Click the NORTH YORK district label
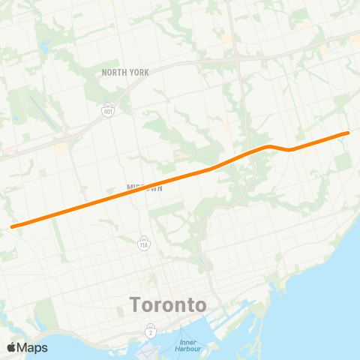125,72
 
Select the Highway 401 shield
109,109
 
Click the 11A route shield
143,243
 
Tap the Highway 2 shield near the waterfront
151,330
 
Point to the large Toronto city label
168,305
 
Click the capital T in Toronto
136,305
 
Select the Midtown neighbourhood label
144,187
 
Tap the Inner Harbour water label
188,346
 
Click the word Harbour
188,350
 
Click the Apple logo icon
11,347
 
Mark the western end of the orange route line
13,225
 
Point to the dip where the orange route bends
290,149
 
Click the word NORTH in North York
115,72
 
